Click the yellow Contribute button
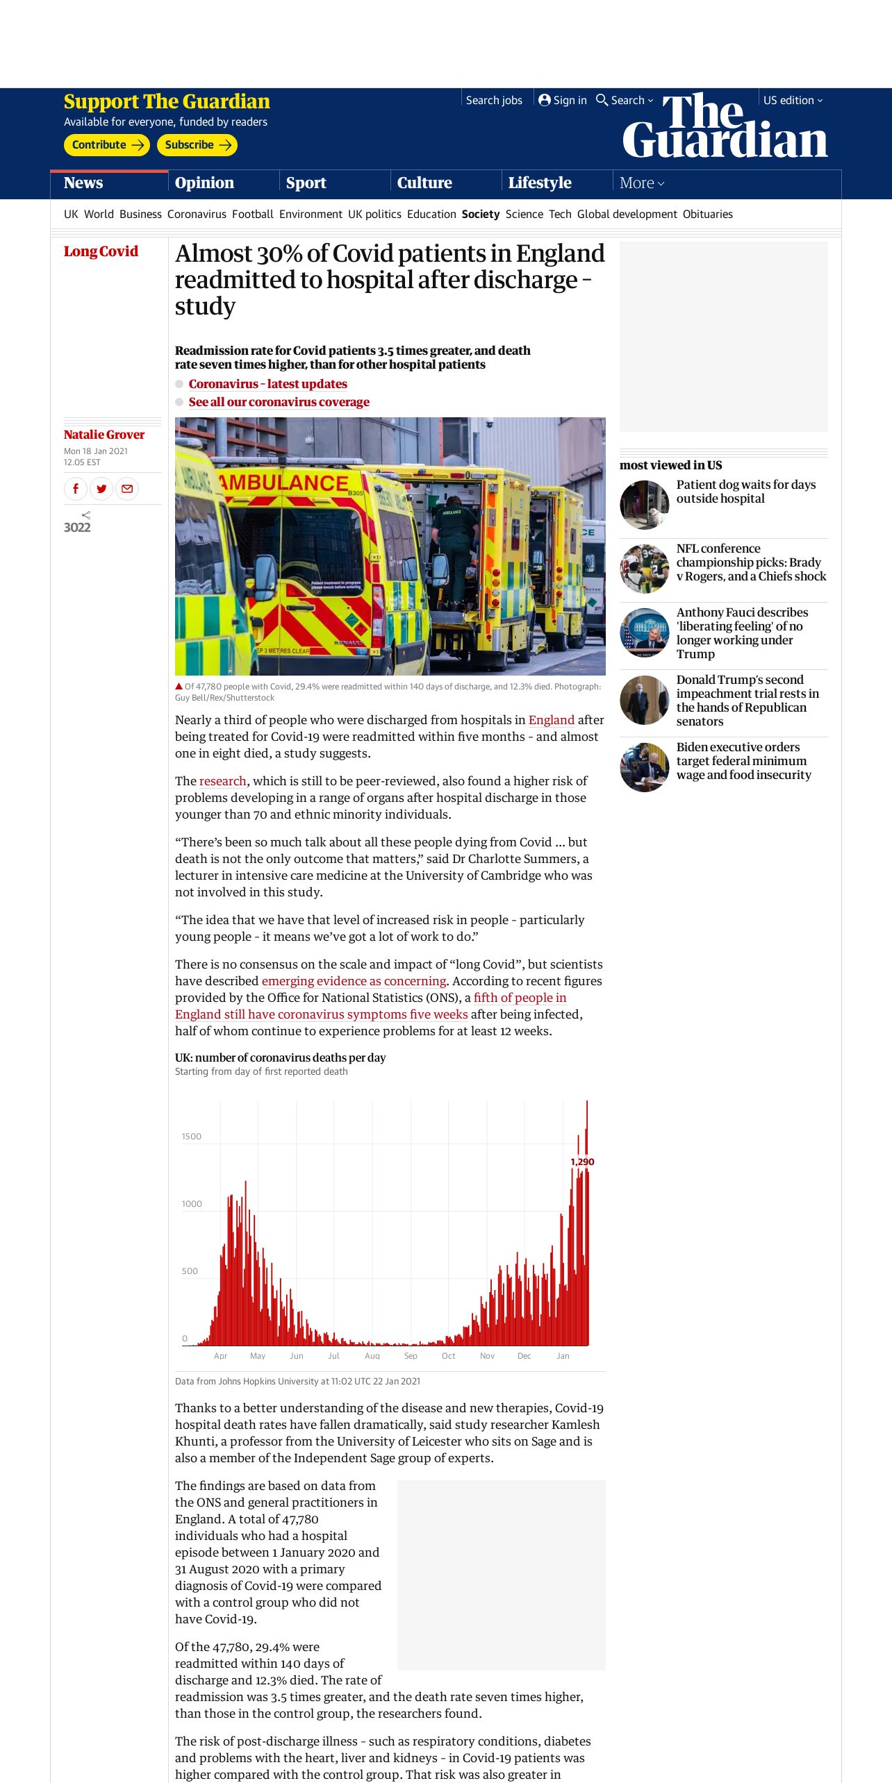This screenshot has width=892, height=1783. pos(107,145)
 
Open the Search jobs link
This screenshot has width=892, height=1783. pos(494,101)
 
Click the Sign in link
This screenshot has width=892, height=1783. pos(563,101)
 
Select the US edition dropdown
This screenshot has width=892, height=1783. pos(793,101)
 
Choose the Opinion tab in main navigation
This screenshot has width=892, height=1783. pos(204,183)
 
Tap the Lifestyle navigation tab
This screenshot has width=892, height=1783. pos(540,183)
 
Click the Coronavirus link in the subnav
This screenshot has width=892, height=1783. pos(197,215)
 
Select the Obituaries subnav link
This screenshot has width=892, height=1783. pos(707,215)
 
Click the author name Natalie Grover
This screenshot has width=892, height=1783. pos(104,435)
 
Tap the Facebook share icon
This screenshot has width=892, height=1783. pos(76,489)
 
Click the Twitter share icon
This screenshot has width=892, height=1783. pos(101,489)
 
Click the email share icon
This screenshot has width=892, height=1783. pos(127,489)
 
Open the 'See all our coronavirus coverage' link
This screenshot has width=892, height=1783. pos(279,402)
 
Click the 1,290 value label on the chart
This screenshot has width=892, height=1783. pos(582,1162)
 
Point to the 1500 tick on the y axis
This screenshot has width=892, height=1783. pos(192,1137)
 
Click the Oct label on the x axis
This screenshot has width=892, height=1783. pos(449,1355)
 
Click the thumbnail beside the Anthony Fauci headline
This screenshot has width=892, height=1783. pos(645,633)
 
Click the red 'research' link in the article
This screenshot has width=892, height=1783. pos(222,781)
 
